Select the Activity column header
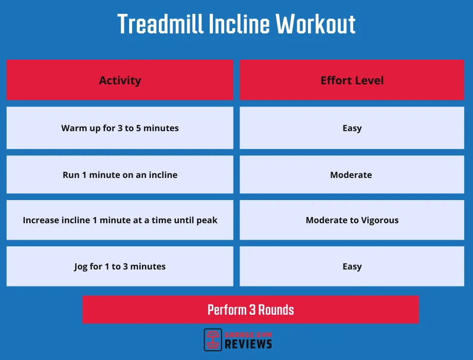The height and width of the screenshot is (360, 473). [120, 80]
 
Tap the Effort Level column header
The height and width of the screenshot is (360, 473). [352, 80]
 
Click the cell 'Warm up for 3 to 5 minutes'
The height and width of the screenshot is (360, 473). [120, 128]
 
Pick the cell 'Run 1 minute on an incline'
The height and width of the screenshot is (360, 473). [120, 175]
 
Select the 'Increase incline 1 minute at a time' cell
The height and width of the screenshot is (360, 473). [120, 220]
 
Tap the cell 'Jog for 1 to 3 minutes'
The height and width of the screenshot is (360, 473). [120, 266]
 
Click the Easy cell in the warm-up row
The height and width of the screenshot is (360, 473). [352, 128]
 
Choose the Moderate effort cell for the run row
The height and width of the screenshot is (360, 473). [352, 175]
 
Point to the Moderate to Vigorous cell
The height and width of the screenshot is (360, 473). [352, 220]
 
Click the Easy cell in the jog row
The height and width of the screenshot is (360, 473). [352, 266]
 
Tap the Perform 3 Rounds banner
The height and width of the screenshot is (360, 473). [251, 310]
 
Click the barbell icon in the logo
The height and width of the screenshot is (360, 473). [213, 339]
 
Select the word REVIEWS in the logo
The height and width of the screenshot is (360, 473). [248, 344]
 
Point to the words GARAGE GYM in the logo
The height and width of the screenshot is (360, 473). [248, 334]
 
